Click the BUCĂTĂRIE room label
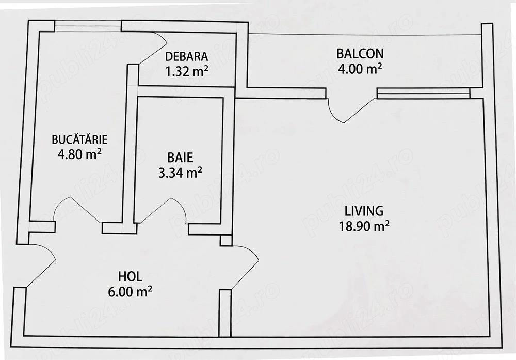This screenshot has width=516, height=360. point(79,139)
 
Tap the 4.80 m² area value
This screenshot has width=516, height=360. point(79,154)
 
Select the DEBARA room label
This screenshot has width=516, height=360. point(186,57)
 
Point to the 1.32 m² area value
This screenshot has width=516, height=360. point(186,71)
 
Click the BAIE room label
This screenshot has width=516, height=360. point(180,158)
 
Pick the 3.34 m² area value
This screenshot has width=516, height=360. point(180,173)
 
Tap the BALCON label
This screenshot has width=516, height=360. point(360,53)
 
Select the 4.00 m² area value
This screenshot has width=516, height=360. point(360,69)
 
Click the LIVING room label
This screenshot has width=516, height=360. point(364,210)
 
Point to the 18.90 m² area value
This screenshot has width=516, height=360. point(364,226)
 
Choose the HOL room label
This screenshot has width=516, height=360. point(131,276)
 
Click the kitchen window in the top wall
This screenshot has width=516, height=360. point(88,26)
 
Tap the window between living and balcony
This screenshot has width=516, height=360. point(423,93)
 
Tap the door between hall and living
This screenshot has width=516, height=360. point(245,267)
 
